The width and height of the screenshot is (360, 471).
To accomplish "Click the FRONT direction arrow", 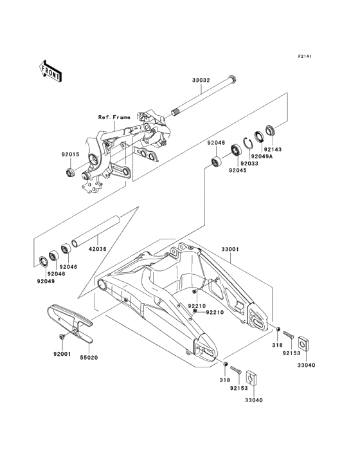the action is [50, 71].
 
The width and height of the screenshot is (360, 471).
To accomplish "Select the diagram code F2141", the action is [305, 56].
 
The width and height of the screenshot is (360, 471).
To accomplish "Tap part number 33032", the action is [201, 80].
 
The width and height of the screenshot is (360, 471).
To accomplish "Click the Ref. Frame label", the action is [114, 118].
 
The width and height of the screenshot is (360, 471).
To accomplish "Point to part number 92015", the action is [71, 154].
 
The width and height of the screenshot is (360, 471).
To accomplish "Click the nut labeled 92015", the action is [70, 172].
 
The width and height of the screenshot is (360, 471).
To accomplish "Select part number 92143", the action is [273, 149].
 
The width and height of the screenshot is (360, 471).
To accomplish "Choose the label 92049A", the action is [262, 156].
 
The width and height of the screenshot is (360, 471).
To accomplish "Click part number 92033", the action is [249, 163].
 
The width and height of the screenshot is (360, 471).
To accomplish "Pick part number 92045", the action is [238, 171].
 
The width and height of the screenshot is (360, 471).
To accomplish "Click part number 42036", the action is [97, 249].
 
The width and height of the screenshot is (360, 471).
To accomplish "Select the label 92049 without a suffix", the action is [46, 281].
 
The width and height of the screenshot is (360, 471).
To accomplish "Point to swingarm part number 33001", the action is [230, 249].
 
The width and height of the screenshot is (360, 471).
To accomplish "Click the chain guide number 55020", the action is [89, 358].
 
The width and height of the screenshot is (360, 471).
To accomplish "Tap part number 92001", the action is [62, 354].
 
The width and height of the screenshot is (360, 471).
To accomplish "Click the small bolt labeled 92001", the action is [62, 337].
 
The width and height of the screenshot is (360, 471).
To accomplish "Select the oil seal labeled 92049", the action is [44, 261].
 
